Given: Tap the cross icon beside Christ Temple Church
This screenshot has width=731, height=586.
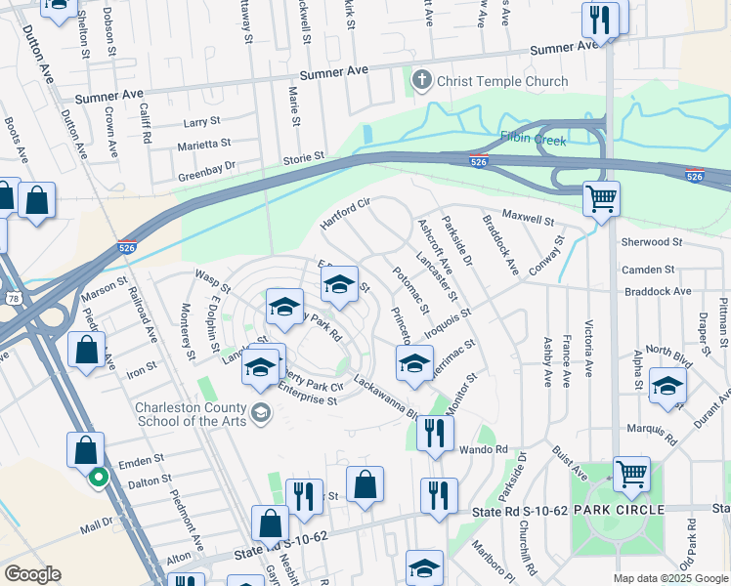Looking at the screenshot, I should [422, 80].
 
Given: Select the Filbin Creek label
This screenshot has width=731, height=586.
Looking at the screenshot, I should [534, 139].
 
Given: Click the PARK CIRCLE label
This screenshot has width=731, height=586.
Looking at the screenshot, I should [619, 510].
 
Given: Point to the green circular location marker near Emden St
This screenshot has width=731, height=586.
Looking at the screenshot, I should [98, 478].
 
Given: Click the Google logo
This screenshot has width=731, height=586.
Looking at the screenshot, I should [31, 573].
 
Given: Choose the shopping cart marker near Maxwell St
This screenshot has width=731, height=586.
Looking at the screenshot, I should [601, 199].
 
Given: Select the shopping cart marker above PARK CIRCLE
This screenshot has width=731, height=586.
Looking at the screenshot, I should [632, 474].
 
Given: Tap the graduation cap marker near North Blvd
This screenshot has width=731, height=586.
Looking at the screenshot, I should [668, 385].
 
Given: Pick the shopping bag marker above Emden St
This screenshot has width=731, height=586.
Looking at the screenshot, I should [86, 449].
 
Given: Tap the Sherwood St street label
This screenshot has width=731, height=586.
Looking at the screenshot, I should [651, 241].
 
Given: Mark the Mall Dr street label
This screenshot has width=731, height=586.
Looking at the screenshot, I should [97, 524].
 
